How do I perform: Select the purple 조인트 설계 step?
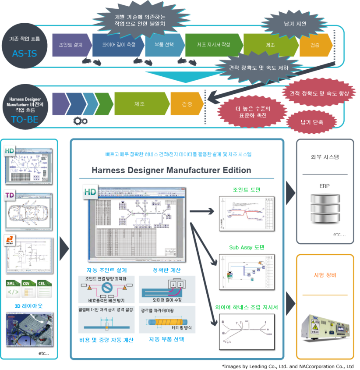tap(71, 45)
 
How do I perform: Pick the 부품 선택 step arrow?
tap(164, 45)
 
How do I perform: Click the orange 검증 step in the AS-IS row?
tap(315, 45)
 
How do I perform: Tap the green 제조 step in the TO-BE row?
tap(141, 104)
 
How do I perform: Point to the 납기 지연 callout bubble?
tap(289, 23)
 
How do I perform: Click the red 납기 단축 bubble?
tap(311, 123)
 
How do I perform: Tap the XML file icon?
tap(13, 289)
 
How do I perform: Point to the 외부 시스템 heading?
tap(325, 157)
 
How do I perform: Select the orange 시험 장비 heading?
tap(325, 275)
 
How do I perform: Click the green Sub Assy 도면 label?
tap(247, 247)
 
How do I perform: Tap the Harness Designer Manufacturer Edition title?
tap(171, 170)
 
